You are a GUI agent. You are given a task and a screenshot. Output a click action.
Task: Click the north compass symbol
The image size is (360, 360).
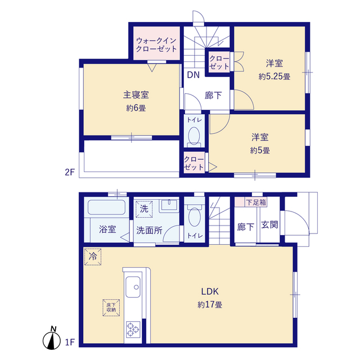click(x=52, y=339)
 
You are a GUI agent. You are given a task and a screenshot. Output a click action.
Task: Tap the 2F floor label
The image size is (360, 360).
click(x=70, y=172)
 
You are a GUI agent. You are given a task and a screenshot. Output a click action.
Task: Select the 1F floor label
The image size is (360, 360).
click(x=70, y=342)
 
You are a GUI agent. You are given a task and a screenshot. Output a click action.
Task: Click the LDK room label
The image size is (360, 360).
click(x=210, y=291)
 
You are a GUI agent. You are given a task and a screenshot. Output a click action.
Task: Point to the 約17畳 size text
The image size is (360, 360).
click(x=210, y=305)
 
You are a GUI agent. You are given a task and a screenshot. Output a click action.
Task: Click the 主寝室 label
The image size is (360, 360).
click(x=136, y=95)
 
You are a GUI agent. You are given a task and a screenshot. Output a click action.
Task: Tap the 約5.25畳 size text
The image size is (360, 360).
click(x=274, y=76)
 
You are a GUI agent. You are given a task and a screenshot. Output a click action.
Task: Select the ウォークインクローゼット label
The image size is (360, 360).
click(x=156, y=45)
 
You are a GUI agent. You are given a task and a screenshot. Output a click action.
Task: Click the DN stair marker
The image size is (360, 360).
click(x=193, y=75)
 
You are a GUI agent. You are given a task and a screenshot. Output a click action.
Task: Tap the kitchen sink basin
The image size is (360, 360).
click(x=133, y=287)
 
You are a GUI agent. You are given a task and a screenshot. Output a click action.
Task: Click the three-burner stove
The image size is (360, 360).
click(x=133, y=330)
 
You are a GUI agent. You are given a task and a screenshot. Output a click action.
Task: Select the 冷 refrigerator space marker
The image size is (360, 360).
click(x=93, y=257)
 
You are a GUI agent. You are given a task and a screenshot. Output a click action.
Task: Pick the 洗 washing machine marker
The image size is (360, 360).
click(x=144, y=209)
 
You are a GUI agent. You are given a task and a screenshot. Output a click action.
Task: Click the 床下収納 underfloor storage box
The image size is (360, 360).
click(x=111, y=308)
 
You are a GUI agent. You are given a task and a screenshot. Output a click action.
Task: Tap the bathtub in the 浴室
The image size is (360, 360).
click(x=106, y=208)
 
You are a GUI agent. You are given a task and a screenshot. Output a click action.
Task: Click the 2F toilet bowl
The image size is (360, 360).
click(x=194, y=136)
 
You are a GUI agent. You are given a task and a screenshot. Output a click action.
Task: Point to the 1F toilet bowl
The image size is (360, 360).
click(x=195, y=217)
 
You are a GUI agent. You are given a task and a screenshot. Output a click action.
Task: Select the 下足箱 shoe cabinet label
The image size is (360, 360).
click(x=256, y=202)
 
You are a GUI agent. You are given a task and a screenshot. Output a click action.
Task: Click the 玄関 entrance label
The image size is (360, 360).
click(x=269, y=225)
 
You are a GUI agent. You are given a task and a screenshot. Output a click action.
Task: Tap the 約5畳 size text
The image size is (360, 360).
click(x=260, y=151)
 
